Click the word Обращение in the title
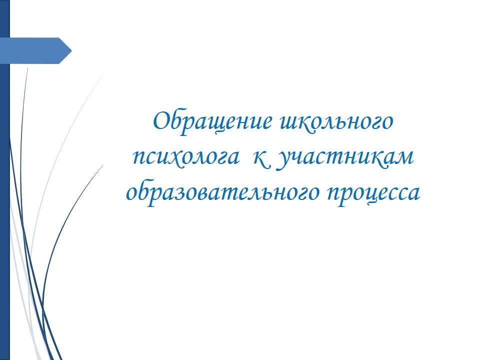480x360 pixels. pyautogui.click(x=212, y=122)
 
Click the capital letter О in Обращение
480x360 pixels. pyautogui.click(x=161, y=120)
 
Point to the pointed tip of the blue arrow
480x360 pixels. pyautogui.click(x=71, y=51)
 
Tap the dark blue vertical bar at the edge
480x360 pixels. pyautogui.click(x=5, y=180)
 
